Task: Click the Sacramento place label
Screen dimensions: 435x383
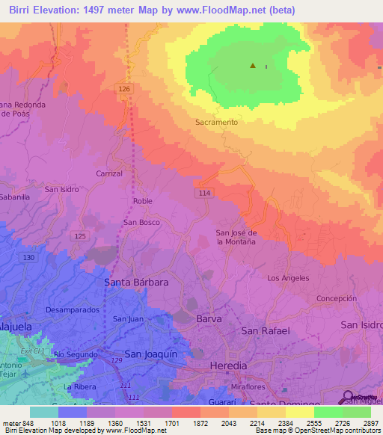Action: [216, 121]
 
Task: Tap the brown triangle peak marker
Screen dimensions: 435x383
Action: [253, 66]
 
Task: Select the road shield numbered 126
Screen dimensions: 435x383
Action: [124, 88]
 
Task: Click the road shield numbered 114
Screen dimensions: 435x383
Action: [203, 192]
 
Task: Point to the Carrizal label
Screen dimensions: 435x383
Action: [109, 173]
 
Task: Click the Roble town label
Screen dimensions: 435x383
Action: [142, 201]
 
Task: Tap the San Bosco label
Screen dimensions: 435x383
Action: [141, 223]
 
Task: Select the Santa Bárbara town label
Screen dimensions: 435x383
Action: [135, 283]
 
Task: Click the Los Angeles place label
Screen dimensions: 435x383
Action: [288, 278]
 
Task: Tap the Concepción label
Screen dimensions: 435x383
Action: [336, 297]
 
